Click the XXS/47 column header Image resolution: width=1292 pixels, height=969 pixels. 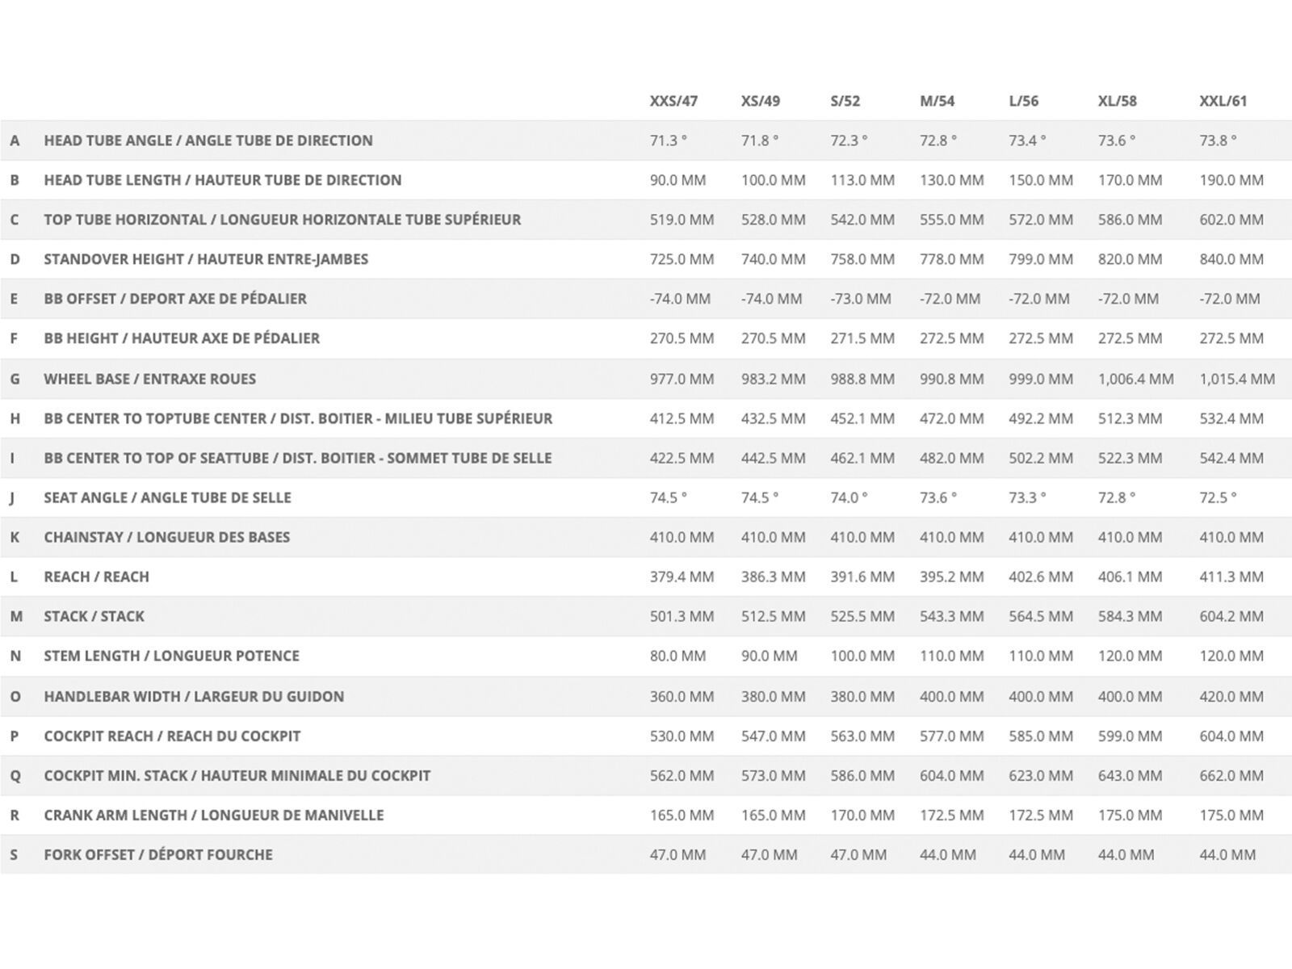pos(673,101)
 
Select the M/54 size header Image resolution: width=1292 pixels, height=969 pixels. pos(937,101)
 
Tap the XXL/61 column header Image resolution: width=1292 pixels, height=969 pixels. pos(1223,101)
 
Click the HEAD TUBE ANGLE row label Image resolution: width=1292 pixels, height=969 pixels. pos(208,141)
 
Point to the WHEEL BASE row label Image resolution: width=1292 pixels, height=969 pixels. pos(149,379)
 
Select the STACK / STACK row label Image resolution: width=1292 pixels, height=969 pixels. pos(94,616)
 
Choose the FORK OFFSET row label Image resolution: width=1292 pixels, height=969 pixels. pos(158,854)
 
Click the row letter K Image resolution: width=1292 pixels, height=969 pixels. pos(15,537)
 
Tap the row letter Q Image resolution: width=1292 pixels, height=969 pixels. pos(15,775)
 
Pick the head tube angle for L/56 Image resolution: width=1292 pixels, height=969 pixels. pos(1027,141)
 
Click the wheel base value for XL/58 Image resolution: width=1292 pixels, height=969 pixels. pos(1135,379)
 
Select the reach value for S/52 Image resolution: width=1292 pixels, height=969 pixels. pos(862,577)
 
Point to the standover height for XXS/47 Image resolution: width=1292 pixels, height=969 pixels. pos(682,259)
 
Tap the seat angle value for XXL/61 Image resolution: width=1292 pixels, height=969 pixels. pos(1218,497)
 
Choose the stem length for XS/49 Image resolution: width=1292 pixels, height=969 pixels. pos(769,656)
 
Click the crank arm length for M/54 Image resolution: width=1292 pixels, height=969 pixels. pos(951,815)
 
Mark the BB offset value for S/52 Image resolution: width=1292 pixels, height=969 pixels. pos(861,299)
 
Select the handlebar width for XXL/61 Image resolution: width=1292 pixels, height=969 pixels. pos(1231,696)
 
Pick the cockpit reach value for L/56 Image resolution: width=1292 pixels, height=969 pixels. pos(1040,736)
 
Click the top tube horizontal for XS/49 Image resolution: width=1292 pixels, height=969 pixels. pos(773,220)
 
